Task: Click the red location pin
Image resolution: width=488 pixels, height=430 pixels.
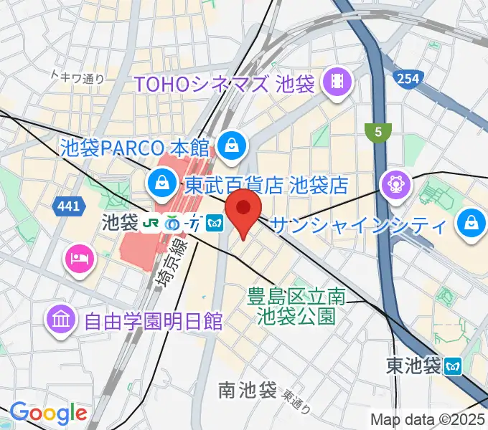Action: coord(243,209)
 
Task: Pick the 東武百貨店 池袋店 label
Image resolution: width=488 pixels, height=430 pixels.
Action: coord(266,186)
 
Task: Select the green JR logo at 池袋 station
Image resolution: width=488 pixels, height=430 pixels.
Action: coord(151,224)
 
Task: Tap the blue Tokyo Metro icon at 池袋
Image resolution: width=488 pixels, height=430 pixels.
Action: coord(213,224)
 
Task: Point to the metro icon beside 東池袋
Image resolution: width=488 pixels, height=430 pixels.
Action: coord(452,366)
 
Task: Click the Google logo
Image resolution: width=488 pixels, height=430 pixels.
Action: coord(48,413)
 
